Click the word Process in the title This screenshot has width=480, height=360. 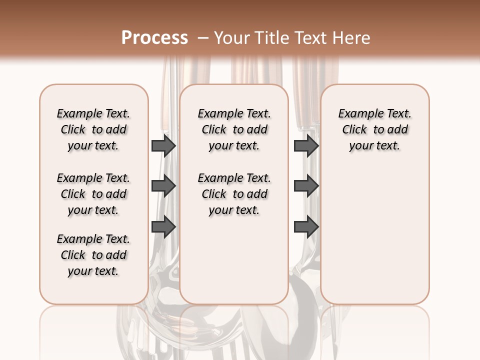(154, 38)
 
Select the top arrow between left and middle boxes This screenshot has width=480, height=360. (163, 145)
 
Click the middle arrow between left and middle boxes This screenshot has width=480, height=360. (163, 186)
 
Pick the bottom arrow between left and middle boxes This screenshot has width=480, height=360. (163, 227)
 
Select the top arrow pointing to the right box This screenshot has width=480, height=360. (306, 145)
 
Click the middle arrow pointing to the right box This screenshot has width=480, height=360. (306, 186)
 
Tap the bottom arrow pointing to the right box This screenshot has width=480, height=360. (306, 227)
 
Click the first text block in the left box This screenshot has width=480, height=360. (93, 129)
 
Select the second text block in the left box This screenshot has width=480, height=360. (93, 194)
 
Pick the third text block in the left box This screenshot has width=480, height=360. (93, 255)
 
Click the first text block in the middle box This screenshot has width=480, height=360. (234, 129)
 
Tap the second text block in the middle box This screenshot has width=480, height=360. (234, 194)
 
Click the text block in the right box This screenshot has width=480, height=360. (375, 129)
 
